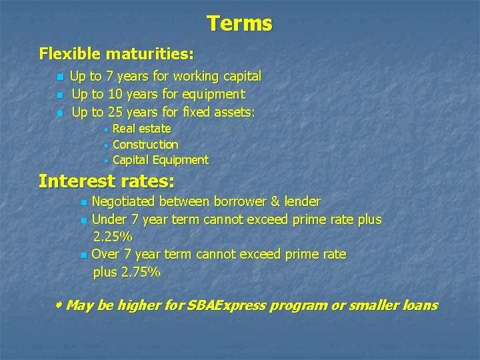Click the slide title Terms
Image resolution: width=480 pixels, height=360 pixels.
click(239, 24)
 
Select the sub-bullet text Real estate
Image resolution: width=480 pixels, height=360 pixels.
click(142, 129)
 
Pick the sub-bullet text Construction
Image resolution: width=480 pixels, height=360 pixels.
click(145, 145)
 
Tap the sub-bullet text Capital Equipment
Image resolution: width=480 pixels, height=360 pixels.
click(161, 160)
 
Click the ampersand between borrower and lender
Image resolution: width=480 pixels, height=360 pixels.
click(275, 202)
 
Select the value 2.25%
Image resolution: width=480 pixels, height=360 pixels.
click(113, 237)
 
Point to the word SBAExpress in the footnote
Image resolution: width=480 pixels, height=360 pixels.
click(226, 306)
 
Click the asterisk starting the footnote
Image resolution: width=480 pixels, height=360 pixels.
click(58, 305)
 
